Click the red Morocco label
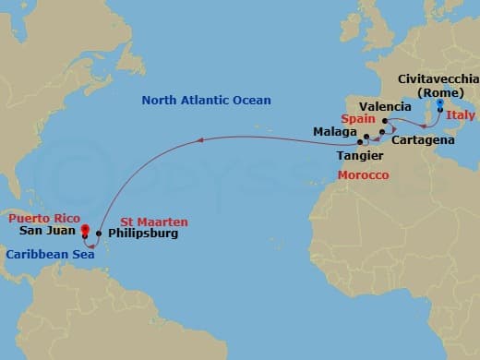pos(361,174)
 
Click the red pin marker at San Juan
pos(84,229)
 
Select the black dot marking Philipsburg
pos(99,234)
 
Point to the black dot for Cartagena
pos(381,134)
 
